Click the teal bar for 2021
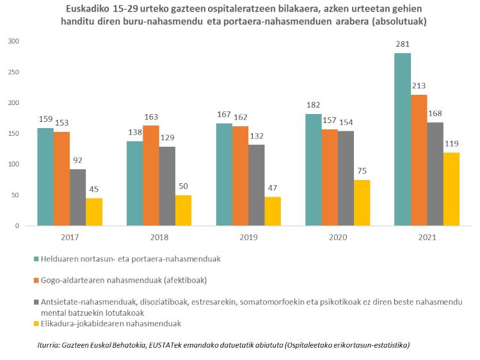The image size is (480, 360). point(403,140)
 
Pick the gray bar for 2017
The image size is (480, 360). point(77,197)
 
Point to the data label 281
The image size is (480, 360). point(403,44)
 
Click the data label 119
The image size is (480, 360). point(451,144)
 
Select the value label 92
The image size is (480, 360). point(77,161)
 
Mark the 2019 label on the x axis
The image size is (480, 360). point(248,237)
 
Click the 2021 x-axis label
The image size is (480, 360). point(427,237)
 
